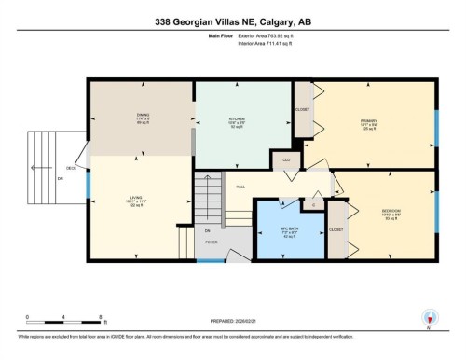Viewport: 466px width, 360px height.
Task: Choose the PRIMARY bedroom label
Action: click(x=370, y=121)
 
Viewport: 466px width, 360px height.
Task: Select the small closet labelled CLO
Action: click(x=284, y=160)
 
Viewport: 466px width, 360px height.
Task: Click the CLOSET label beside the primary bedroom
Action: click(x=302, y=109)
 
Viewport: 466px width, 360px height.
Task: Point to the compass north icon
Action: click(x=428, y=318)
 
